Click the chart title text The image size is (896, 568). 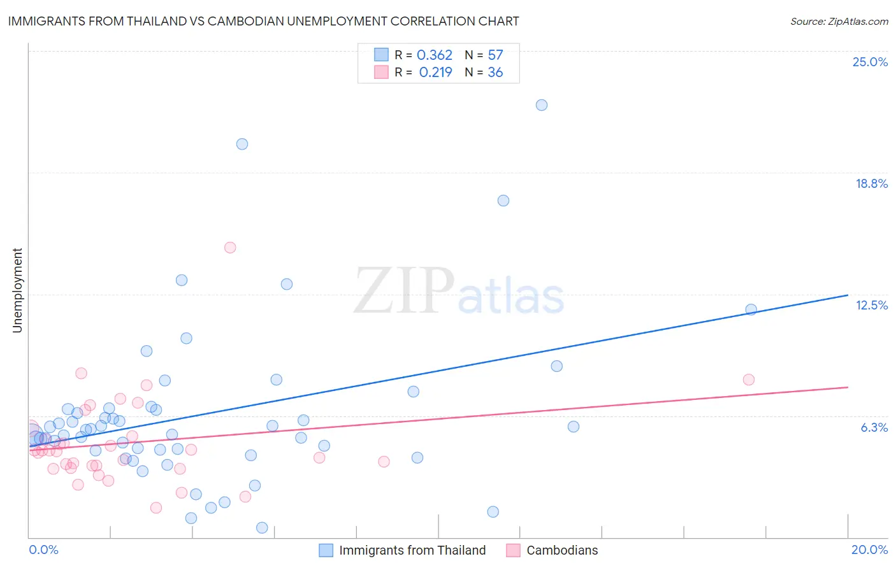tap(263, 21)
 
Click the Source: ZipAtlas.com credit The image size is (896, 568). tap(839, 21)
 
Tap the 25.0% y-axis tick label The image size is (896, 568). tap(870, 62)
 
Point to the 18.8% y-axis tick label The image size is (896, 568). tap(871, 183)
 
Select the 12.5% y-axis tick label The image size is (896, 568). tap(871, 305)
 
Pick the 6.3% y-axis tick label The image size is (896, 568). tap(874, 427)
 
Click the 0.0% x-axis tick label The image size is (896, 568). tap(43, 550)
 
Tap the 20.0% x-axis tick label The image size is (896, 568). tap(869, 550)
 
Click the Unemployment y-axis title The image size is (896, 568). tap(17, 290)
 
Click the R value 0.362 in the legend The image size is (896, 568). tap(434, 55)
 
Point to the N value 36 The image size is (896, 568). tap(495, 73)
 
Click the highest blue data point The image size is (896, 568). tap(542, 105)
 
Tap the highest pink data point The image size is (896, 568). tap(230, 248)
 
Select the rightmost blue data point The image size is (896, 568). tap(751, 309)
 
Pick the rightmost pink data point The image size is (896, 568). tap(749, 380)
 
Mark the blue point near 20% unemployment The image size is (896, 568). tap(242, 144)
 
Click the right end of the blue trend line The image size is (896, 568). tap(848, 295)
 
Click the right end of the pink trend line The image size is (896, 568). tap(848, 387)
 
